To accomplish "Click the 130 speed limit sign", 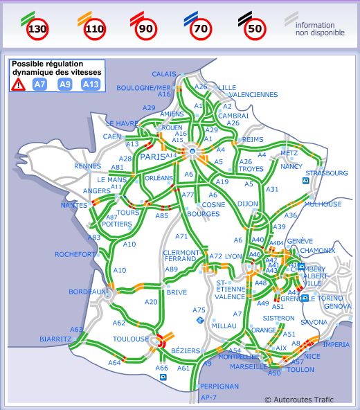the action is tap(38, 29).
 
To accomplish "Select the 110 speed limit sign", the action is tap(94, 29).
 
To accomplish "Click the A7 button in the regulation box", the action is tap(40, 84).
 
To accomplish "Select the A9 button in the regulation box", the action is tap(64, 84).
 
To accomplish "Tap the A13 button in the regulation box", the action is tap(90, 84).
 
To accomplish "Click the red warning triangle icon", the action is tap(18, 84).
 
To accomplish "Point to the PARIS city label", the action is tap(153, 157).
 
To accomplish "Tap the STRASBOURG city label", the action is tap(327, 172).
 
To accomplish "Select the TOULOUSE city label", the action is tap(130, 339).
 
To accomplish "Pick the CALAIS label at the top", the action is tap(165, 74).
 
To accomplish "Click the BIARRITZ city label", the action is tap(55, 339).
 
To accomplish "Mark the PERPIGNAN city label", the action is tap(219, 386).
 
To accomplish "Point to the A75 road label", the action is tap(199, 310).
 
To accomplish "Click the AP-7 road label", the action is tap(208, 398).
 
